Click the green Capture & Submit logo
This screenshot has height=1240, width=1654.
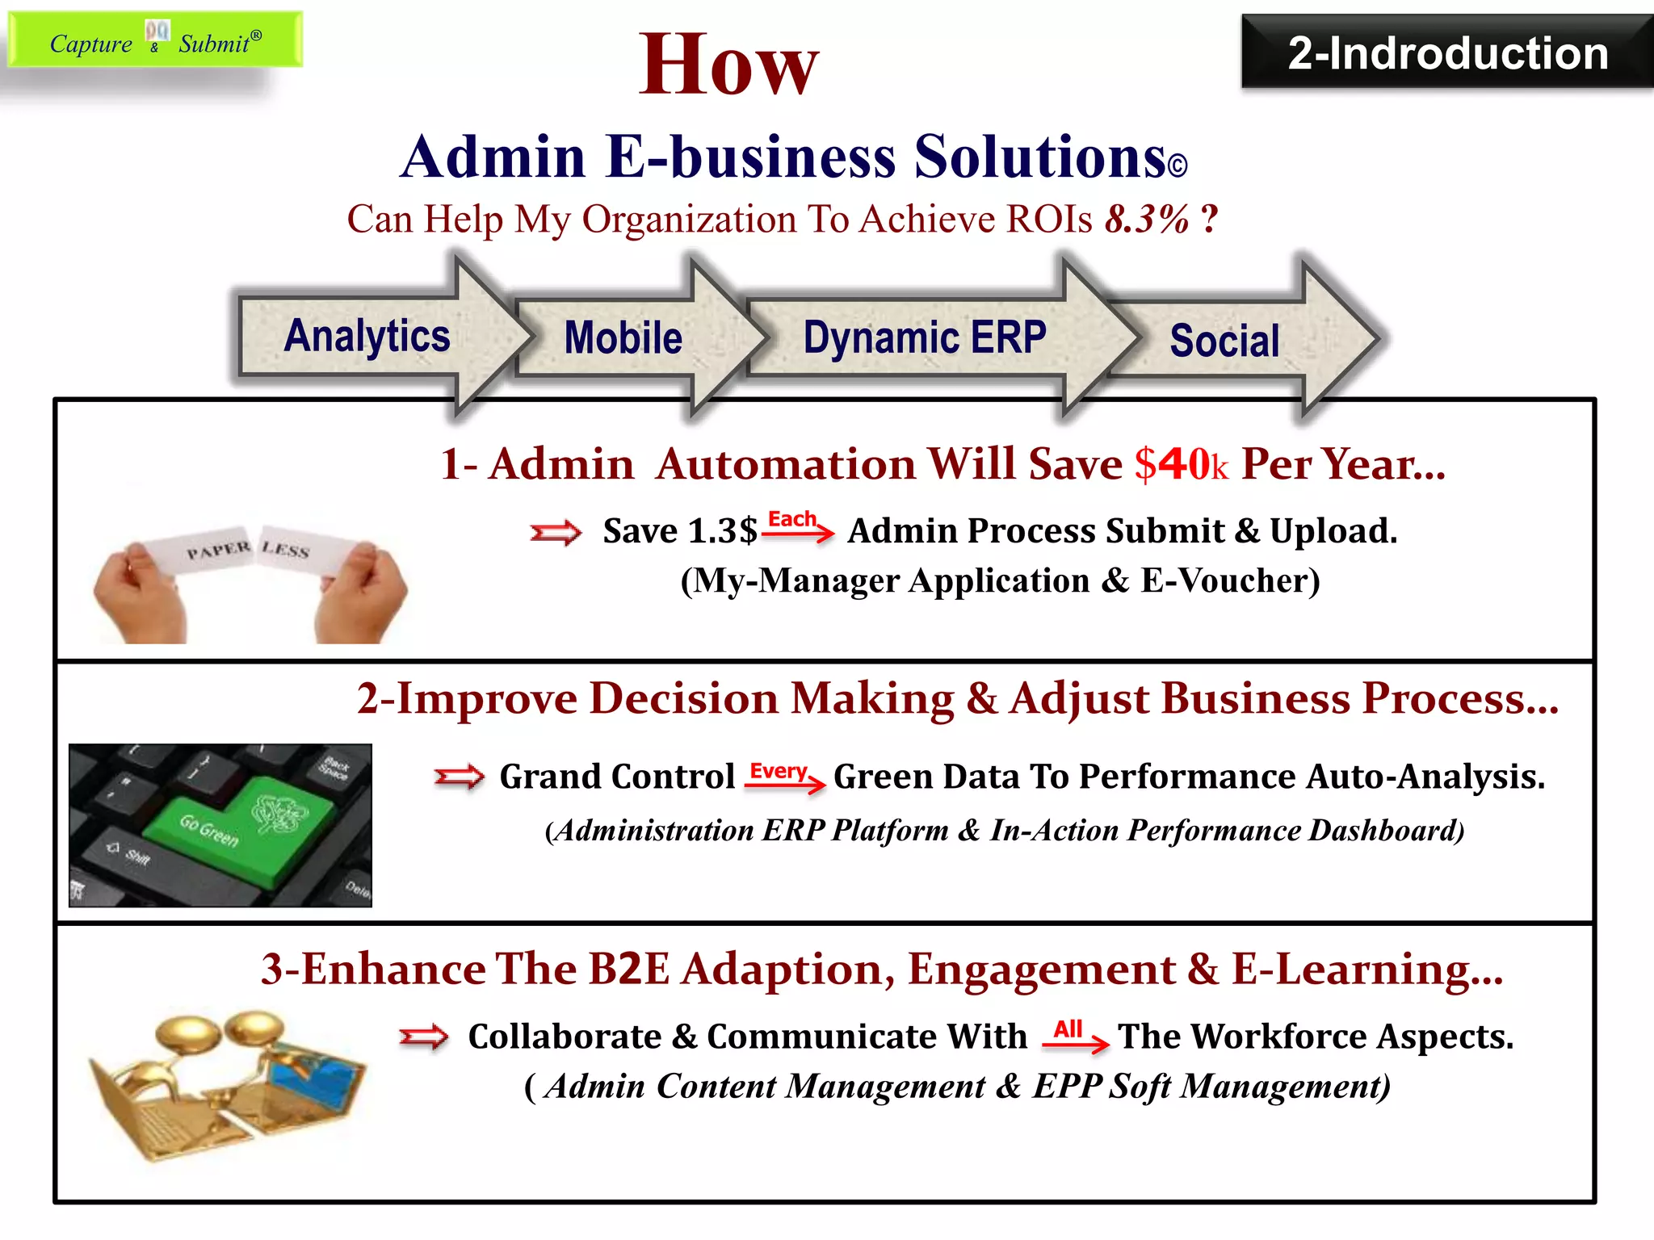click(155, 40)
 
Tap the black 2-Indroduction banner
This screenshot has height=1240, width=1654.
click(1447, 53)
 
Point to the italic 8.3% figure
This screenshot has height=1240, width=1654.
click(1147, 219)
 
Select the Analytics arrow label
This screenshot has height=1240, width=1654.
click(367, 337)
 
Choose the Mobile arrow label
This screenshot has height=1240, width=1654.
click(623, 338)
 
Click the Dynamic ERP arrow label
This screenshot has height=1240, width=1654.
click(925, 337)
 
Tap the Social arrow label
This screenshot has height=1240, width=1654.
click(1224, 341)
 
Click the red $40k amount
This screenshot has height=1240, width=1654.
click(1181, 465)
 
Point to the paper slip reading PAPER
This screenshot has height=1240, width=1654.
click(218, 551)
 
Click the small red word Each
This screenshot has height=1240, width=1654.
click(791, 519)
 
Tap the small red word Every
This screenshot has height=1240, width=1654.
click(778, 772)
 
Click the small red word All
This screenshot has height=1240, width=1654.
click(1068, 1029)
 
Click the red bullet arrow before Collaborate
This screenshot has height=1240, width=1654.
click(424, 1037)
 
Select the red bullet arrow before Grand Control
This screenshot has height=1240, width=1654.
click(459, 777)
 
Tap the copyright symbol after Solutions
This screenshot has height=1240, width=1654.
click(1177, 165)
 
